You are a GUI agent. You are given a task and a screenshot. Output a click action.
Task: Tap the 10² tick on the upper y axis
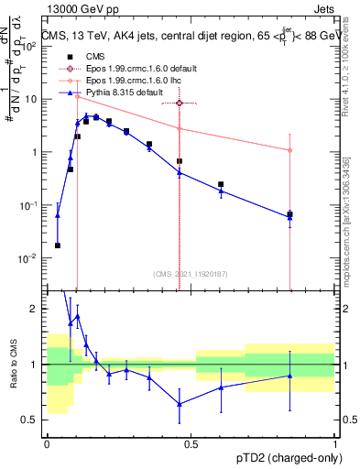[30, 46]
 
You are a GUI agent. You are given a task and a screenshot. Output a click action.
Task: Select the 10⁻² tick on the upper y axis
[30, 258]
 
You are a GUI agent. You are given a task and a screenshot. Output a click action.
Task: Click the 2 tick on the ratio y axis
[35, 309]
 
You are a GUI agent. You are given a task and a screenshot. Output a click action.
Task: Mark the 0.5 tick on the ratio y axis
[32, 420]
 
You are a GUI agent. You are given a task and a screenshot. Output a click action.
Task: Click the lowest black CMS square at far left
[58, 245]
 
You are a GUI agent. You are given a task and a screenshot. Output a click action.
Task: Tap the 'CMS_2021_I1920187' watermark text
[191, 273]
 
